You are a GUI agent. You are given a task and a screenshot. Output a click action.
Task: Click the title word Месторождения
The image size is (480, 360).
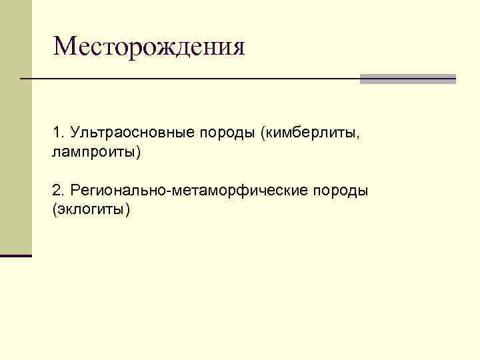coord(149,47)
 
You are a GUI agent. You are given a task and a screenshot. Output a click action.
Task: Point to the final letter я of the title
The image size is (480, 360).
coord(237,47)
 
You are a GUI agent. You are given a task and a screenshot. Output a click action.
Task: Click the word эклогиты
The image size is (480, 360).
coord(91,210)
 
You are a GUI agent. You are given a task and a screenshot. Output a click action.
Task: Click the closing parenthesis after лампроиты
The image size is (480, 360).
coord(139,153)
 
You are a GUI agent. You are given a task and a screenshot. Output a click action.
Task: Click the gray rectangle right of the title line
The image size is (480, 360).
coord(407,79)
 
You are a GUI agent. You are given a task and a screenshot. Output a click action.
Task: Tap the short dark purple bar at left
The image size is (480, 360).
coord(16,255)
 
